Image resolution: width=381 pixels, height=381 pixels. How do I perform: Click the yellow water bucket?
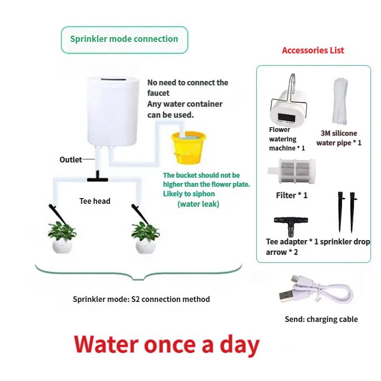189,148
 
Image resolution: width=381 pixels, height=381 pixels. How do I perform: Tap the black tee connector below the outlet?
98,177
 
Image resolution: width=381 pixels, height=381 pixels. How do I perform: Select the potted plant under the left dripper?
62,237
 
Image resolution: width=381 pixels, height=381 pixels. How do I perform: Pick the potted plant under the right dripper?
145,237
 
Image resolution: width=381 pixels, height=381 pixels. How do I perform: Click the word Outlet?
70,160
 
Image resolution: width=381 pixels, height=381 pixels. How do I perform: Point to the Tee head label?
95,201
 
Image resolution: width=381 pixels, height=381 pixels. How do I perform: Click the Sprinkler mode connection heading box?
124,40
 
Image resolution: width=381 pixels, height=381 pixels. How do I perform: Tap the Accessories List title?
313,50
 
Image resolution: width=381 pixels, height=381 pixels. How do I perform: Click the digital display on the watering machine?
287,118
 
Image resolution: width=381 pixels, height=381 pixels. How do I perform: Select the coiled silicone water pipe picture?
340,101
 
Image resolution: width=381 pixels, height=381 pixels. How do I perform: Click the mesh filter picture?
291,171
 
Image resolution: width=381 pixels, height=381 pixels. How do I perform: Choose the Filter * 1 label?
291,195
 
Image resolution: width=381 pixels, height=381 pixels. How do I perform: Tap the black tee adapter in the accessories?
291,225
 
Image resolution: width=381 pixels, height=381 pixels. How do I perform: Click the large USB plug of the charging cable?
286,296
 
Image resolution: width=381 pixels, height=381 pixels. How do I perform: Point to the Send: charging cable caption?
321,319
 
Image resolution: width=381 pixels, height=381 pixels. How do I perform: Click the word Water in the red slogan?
106,344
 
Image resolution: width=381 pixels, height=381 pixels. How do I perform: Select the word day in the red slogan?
240,345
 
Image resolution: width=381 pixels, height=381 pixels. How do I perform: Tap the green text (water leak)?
198,204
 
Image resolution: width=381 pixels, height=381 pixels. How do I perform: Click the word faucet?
158,93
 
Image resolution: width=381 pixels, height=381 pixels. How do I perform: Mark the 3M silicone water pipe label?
339,138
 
